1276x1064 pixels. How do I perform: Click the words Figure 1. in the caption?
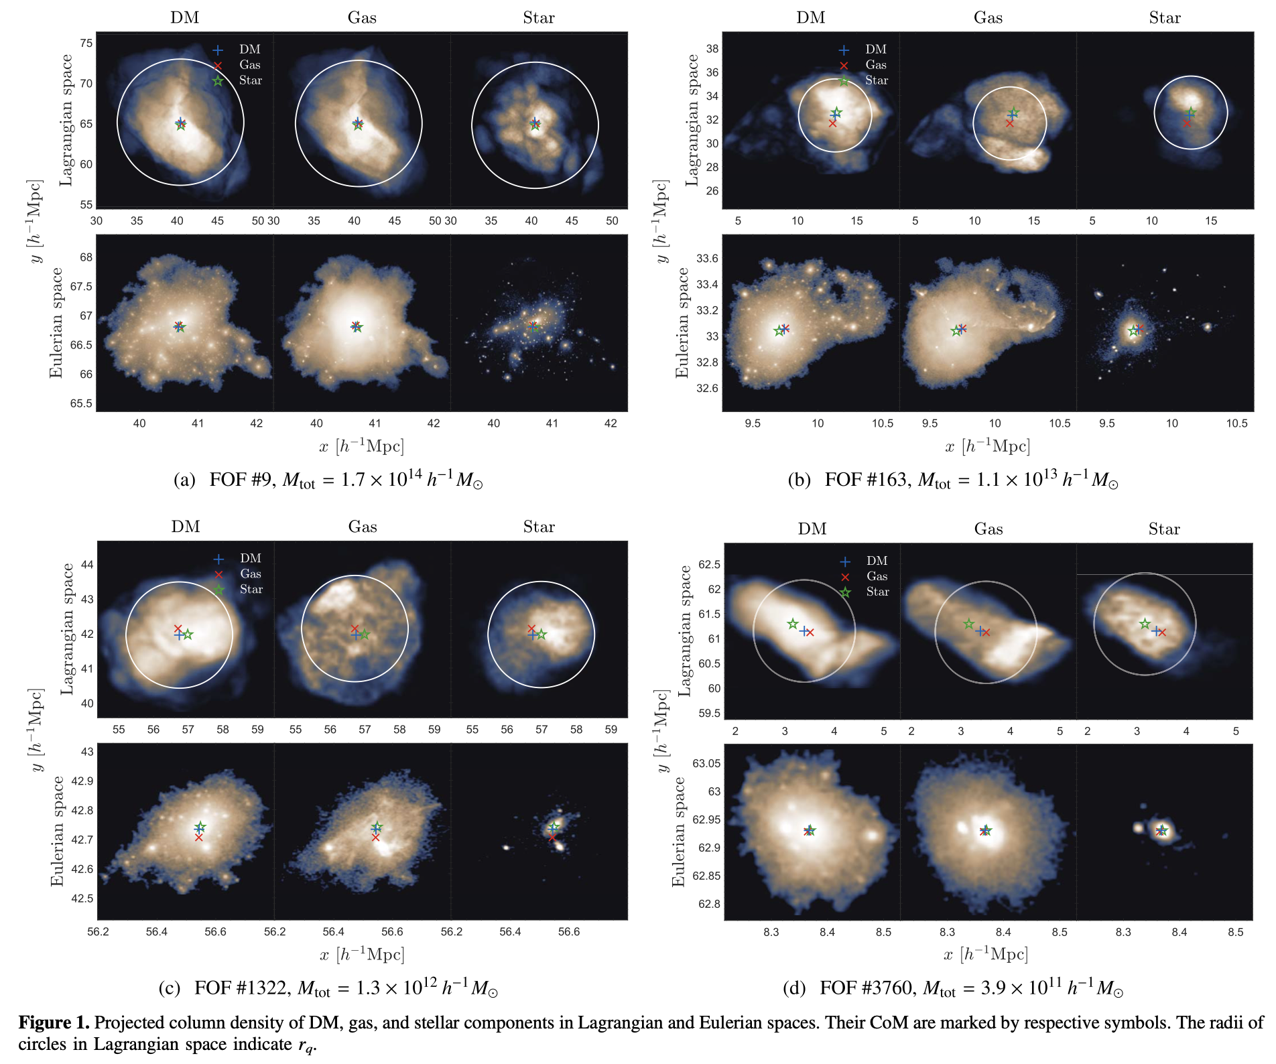(x=54, y=1022)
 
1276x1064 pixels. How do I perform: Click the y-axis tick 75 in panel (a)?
(x=86, y=44)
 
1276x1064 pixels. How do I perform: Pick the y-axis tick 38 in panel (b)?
(x=712, y=49)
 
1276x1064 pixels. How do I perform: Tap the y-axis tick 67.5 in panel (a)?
(x=82, y=287)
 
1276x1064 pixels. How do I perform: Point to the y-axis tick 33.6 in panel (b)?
(x=707, y=259)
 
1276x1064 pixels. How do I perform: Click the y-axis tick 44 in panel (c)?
(x=87, y=565)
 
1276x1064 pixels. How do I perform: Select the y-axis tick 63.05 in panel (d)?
(x=706, y=764)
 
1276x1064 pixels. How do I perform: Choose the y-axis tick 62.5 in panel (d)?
(x=709, y=565)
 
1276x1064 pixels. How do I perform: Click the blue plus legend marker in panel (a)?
(x=218, y=50)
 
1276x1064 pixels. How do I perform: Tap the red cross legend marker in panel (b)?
(x=844, y=66)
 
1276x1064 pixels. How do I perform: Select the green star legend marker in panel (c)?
(x=218, y=590)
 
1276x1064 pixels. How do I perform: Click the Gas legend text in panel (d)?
(x=877, y=576)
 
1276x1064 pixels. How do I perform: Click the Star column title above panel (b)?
(x=1165, y=18)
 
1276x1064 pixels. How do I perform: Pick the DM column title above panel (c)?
(x=186, y=527)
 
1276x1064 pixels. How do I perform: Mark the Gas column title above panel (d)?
(x=988, y=529)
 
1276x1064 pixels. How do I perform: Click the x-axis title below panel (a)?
(x=362, y=446)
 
